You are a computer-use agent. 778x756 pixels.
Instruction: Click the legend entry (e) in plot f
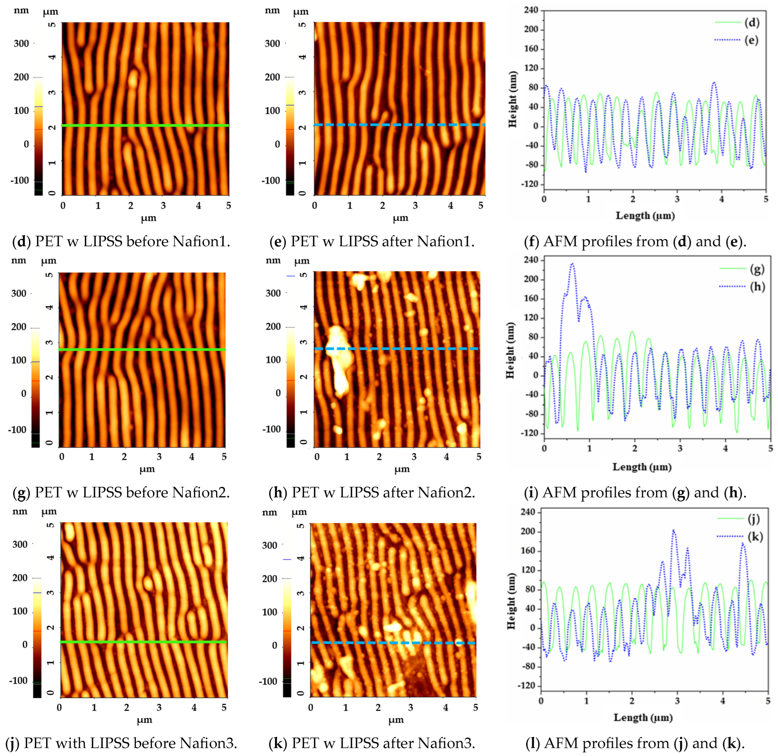coord(751,40)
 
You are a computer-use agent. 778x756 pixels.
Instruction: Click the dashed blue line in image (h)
coord(397,349)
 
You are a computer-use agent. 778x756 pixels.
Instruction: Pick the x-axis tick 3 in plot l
coord(677,701)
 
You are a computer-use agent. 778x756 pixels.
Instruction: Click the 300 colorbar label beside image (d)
coord(21,43)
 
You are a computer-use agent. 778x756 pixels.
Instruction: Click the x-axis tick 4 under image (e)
coord(450,205)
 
